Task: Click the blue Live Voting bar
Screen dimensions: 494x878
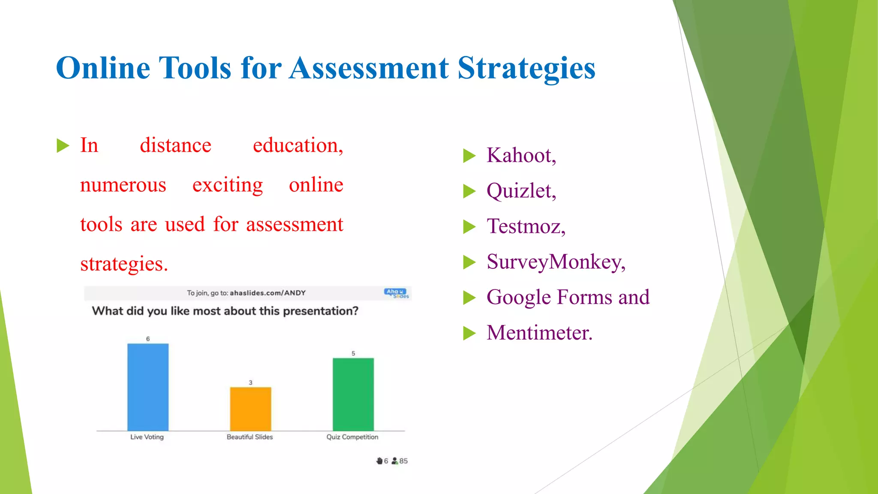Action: (x=148, y=387)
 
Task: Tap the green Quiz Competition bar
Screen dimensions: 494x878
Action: (x=353, y=394)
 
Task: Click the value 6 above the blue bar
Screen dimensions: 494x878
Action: (x=148, y=339)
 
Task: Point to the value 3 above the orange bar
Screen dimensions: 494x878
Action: (x=251, y=383)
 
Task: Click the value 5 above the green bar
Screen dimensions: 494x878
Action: (x=353, y=353)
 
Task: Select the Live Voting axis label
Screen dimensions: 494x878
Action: (x=147, y=437)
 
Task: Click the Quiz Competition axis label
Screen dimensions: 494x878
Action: (x=352, y=437)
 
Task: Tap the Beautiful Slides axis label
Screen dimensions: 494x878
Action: (x=250, y=437)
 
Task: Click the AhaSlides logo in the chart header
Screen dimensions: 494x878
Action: (x=396, y=293)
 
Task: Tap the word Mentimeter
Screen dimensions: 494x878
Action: (x=539, y=333)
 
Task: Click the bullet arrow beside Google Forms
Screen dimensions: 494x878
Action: (x=469, y=298)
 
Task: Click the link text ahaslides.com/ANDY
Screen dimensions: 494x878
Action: (x=268, y=293)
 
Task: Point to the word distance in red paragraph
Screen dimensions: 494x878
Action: (x=175, y=145)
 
